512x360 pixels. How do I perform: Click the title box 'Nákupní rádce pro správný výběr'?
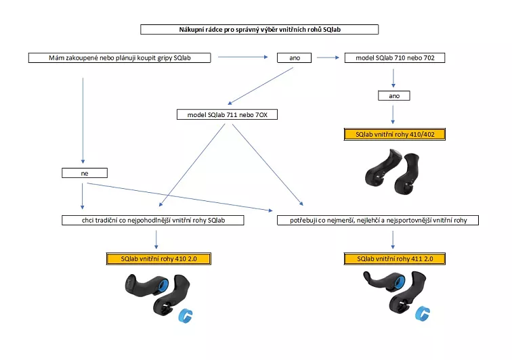point(259,30)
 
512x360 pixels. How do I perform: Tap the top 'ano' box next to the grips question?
point(295,58)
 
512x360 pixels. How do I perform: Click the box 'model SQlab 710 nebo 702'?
point(394,58)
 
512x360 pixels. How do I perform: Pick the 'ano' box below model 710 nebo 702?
point(394,96)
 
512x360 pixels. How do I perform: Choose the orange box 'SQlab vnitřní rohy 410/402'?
point(394,134)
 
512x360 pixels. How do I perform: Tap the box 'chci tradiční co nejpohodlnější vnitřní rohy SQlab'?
point(152,220)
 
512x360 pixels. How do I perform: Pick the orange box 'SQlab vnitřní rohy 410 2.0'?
point(158,258)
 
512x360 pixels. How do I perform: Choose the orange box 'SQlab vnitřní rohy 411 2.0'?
point(393,258)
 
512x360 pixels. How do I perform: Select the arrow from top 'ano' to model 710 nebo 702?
point(328,58)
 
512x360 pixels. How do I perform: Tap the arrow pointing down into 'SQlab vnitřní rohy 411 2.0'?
point(393,239)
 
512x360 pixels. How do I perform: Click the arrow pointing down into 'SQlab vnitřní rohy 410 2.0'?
point(156,239)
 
